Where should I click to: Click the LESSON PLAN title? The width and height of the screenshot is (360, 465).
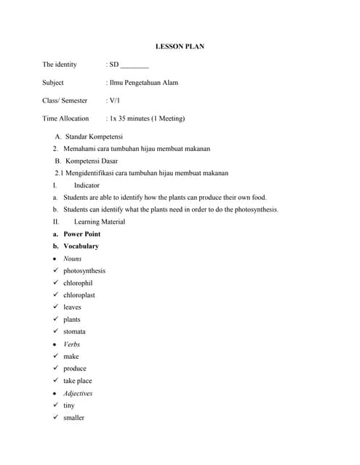point(180,46)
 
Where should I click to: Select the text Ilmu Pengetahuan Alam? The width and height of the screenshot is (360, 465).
point(144,83)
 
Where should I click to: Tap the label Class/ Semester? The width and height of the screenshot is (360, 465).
point(65,101)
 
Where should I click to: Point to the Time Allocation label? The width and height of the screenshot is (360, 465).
point(65,118)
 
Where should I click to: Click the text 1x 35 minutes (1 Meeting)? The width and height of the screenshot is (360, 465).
point(148,118)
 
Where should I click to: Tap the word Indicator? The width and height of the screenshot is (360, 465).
point(87,185)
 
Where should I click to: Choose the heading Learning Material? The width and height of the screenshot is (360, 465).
point(100,222)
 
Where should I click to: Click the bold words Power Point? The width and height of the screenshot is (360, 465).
point(81,234)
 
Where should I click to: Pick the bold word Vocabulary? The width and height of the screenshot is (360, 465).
point(81,246)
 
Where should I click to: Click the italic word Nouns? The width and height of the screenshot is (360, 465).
point(72,259)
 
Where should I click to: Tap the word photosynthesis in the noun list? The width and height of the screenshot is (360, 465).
point(84,271)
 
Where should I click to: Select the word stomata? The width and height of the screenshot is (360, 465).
point(74,331)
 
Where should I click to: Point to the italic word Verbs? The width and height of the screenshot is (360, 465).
point(71,344)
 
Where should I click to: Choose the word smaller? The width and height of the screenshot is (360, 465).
point(73,418)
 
